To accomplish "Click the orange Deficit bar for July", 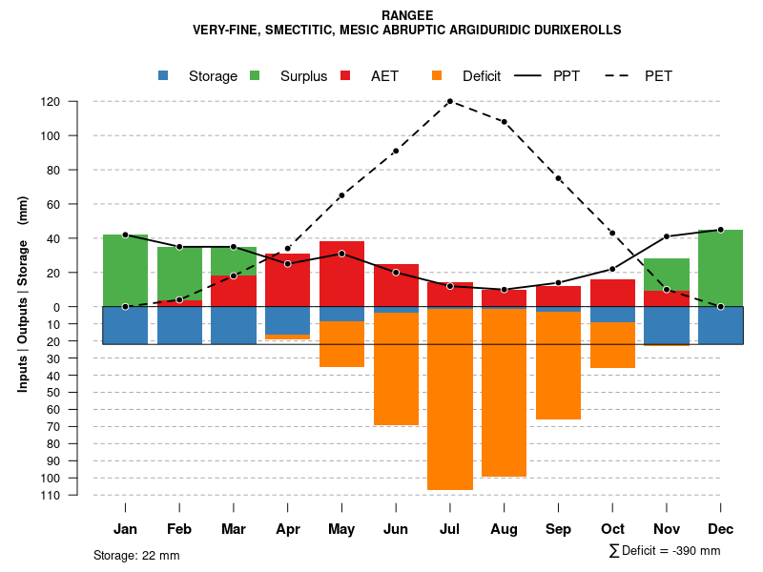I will (x=450, y=398).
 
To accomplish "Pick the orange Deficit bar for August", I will (x=504, y=392).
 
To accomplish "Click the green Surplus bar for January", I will (x=125, y=271).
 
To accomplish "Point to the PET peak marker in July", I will (x=450, y=101).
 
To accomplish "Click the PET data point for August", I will (x=504, y=122).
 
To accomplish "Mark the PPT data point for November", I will (x=667, y=236).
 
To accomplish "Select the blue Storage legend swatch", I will (x=164, y=76).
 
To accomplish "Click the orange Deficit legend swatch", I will (x=437, y=76).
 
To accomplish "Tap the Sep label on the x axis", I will (x=558, y=529).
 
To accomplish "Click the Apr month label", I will (x=288, y=529).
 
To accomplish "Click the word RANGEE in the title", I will (x=406, y=15).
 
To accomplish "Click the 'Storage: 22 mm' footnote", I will (x=136, y=555).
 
